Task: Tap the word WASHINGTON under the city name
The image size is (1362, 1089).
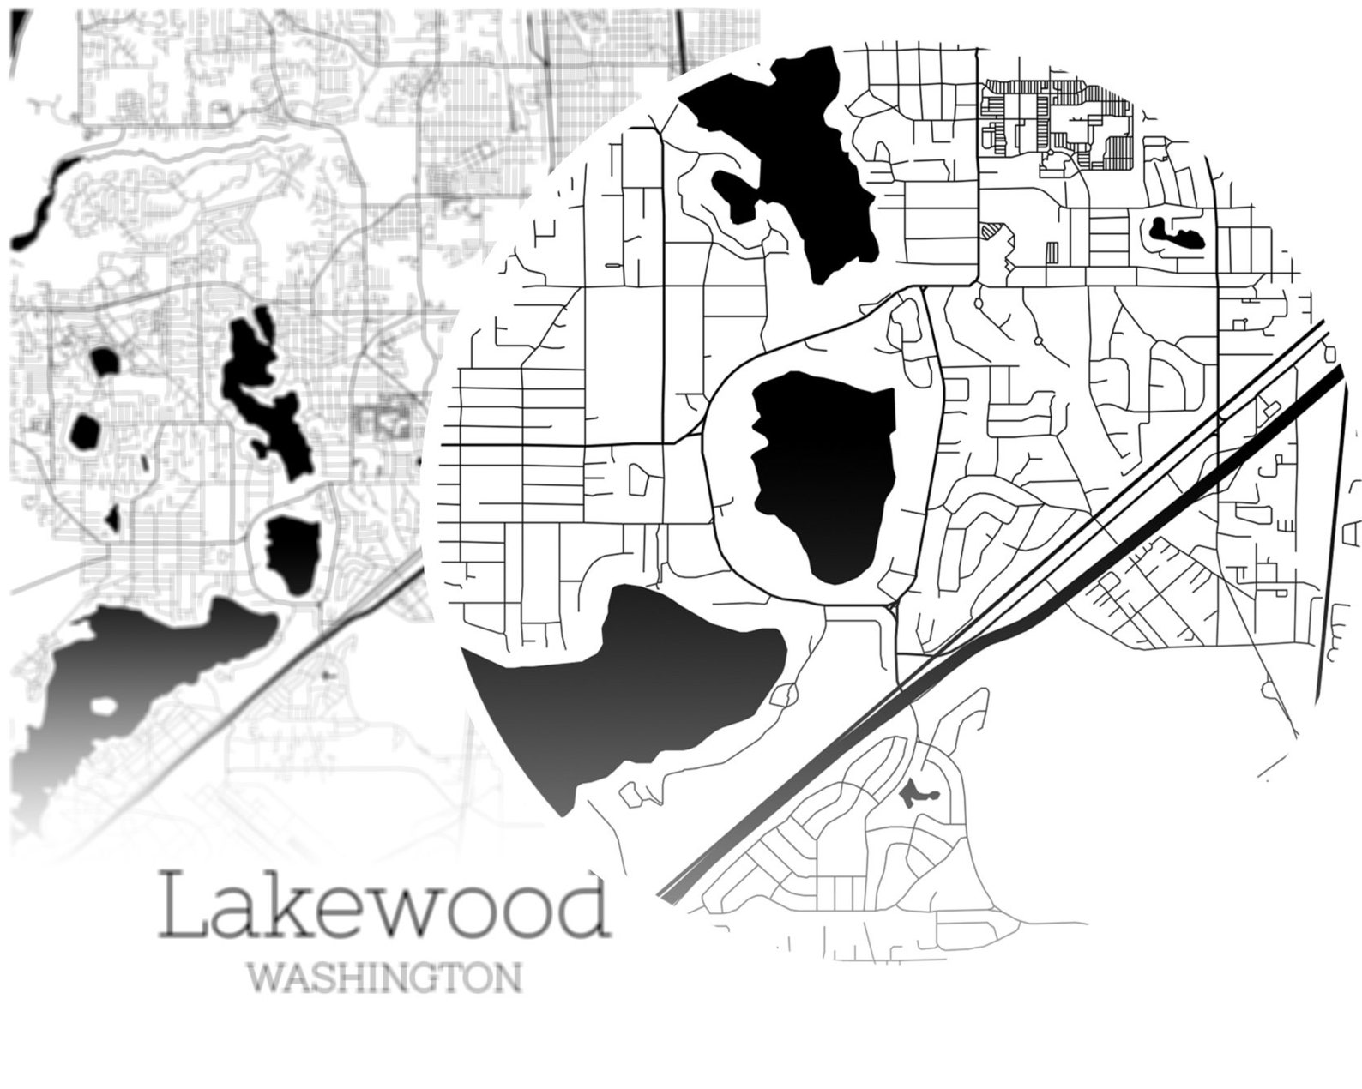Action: [x=383, y=978]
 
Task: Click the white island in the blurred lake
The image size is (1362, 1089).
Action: [x=104, y=707]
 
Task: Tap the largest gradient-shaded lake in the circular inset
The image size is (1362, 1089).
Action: [x=635, y=686]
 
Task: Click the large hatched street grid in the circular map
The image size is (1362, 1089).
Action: [x=1059, y=120]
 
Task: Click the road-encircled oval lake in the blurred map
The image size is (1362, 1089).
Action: [x=292, y=553]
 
